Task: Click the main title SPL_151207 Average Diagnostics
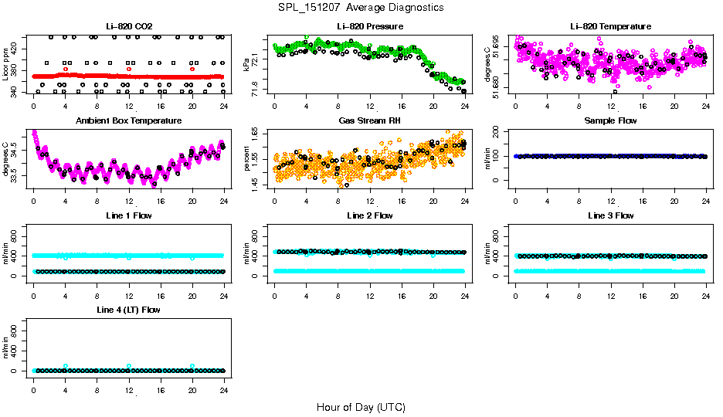coord(361,7)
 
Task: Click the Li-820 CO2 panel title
coord(128,26)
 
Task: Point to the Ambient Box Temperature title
coord(128,120)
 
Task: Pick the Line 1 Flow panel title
coord(128,215)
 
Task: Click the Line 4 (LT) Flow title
coord(128,310)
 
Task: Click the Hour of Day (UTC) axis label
coord(361,407)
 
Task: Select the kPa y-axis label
coord(247,64)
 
